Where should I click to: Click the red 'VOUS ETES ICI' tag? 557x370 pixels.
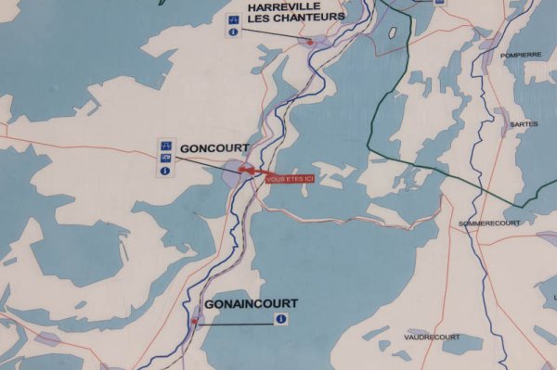tap(291, 178)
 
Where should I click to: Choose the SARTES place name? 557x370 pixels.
tap(524, 123)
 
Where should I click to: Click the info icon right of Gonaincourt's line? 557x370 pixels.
tap(280, 319)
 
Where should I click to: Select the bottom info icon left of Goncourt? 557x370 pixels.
tap(165, 171)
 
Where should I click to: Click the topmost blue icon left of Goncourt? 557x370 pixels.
tap(165, 145)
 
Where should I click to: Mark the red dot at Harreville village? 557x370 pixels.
tap(309, 42)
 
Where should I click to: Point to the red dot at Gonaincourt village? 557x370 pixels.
tap(195, 321)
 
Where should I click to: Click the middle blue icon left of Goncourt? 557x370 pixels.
tap(165, 158)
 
